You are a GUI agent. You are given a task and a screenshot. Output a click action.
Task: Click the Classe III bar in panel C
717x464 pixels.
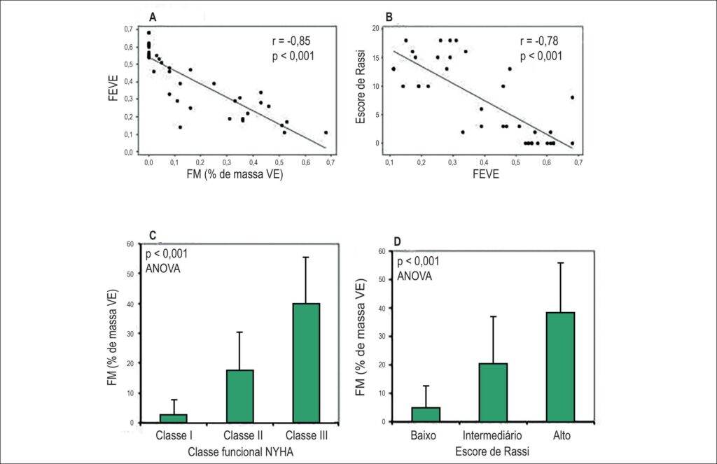click(x=307, y=363)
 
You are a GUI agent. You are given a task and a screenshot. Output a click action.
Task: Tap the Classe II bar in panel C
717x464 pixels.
click(x=240, y=396)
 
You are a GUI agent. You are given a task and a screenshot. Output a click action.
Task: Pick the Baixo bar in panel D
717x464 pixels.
click(x=426, y=414)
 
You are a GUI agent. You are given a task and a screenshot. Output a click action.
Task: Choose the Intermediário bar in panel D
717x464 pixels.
click(x=494, y=392)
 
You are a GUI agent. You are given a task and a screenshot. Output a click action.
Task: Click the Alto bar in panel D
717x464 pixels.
click(x=561, y=367)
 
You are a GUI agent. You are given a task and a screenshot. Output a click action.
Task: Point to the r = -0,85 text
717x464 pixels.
click(x=291, y=41)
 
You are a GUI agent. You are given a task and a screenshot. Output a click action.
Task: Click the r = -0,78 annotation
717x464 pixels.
click(x=539, y=41)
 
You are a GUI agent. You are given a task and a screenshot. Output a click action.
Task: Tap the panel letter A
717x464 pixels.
click(x=153, y=17)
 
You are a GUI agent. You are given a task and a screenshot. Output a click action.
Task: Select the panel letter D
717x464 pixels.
click(x=397, y=241)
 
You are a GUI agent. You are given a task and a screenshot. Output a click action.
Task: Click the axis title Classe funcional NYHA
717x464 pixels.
click(x=241, y=452)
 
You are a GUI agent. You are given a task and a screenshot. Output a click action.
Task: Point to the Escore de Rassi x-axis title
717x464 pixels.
click(x=492, y=451)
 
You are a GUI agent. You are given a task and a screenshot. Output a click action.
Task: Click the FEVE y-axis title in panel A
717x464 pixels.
click(x=113, y=88)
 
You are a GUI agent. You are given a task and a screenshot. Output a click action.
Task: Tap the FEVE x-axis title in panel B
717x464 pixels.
click(x=486, y=174)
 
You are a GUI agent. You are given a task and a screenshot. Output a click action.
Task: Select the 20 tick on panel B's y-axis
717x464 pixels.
click(x=376, y=28)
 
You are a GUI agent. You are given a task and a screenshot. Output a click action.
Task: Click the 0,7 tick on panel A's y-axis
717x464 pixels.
click(x=128, y=29)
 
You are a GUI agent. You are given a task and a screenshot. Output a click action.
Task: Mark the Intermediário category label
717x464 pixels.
click(x=492, y=435)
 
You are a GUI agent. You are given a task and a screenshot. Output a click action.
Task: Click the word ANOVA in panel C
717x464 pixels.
click(x=162, y=268)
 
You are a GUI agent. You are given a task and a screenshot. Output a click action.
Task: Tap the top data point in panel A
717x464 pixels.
click(x=148, y=33)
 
